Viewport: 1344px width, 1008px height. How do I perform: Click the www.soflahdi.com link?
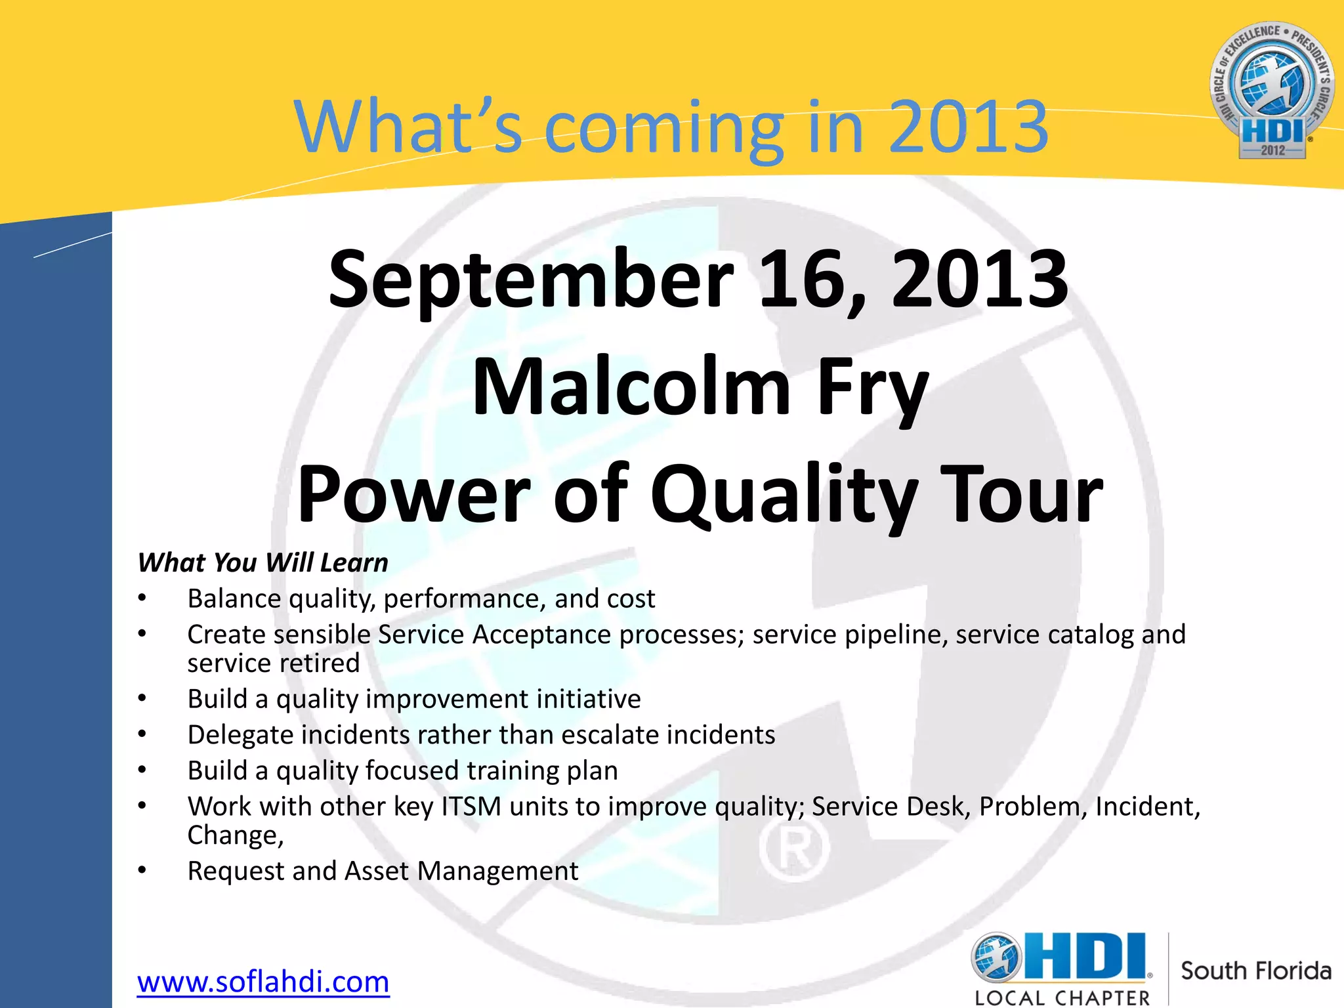pyautogui.click(x=263, y=982)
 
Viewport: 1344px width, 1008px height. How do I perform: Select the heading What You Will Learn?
pyautogui.click(x=263, y=563)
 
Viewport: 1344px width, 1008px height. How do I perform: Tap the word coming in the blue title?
pyautogui.click(x=663, y=127)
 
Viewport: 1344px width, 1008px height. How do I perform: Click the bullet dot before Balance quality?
pyautogui.click(x=142, y=598)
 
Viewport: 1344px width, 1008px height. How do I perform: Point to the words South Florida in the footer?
pyautogui.click(x=1255, y=971)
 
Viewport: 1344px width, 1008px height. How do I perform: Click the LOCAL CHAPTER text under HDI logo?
pyautogui.click(x=1062, y=998)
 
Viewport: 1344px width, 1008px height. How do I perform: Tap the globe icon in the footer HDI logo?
pyautogui.click(x=997, y=957)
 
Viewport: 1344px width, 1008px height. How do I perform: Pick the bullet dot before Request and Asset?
pyautogui.click(x=142, y=870)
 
